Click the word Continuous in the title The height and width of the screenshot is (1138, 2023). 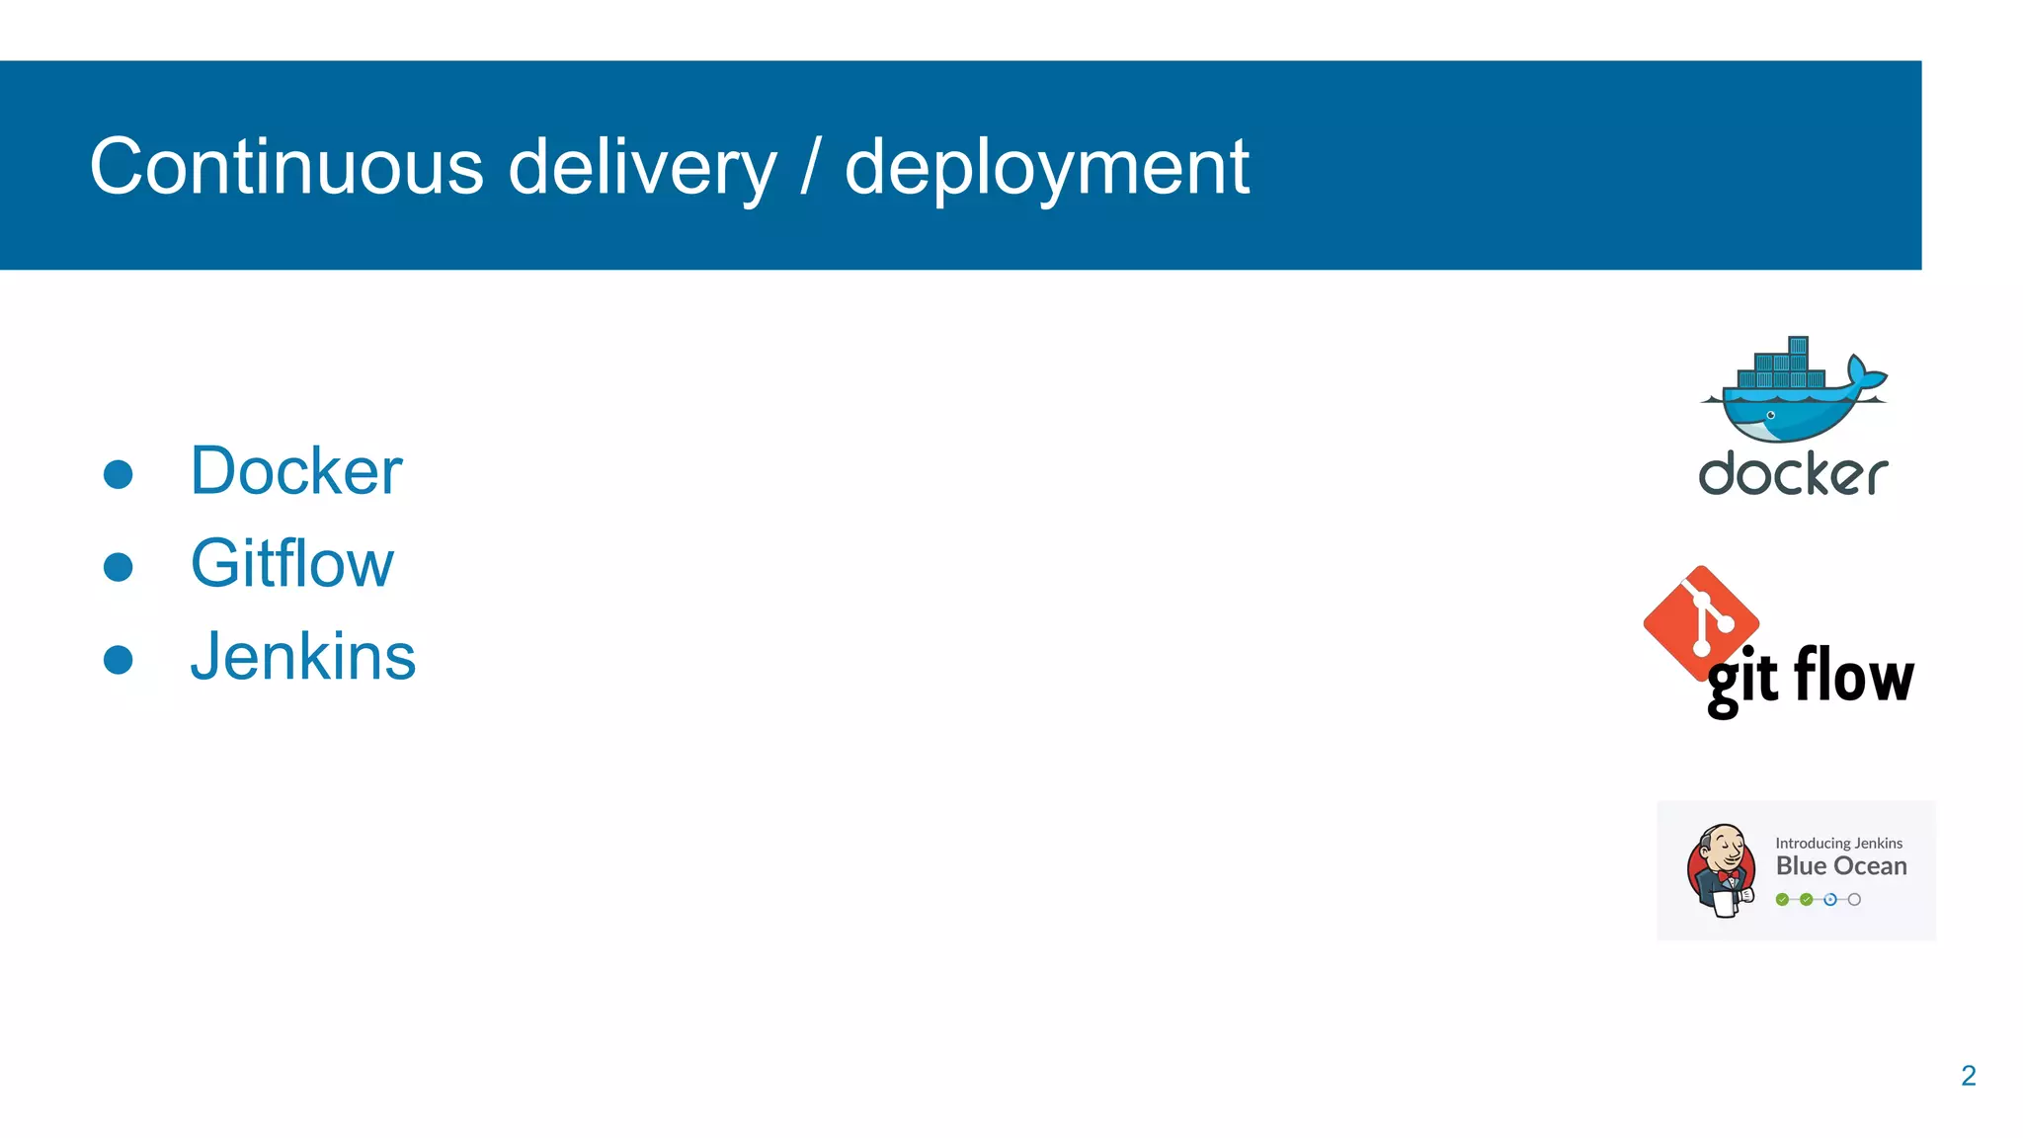[286, 166]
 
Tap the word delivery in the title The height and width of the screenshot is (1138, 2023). [642, 168]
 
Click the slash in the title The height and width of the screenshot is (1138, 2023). [810, 168]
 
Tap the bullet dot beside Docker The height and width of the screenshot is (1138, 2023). [119, 474]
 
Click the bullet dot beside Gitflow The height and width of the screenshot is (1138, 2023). [119, 567]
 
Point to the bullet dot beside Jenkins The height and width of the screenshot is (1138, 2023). [119, 660]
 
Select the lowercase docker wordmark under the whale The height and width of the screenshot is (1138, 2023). [1793, 474]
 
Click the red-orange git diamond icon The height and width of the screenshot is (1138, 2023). [1701, 622]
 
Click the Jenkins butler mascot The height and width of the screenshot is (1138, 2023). [1722, 870]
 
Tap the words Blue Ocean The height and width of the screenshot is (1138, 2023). [1840, 866]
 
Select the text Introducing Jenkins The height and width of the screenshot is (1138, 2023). [1838, 843]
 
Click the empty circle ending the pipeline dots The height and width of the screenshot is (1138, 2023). [1854, 900]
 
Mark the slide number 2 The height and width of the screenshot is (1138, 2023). [1968, 1076]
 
